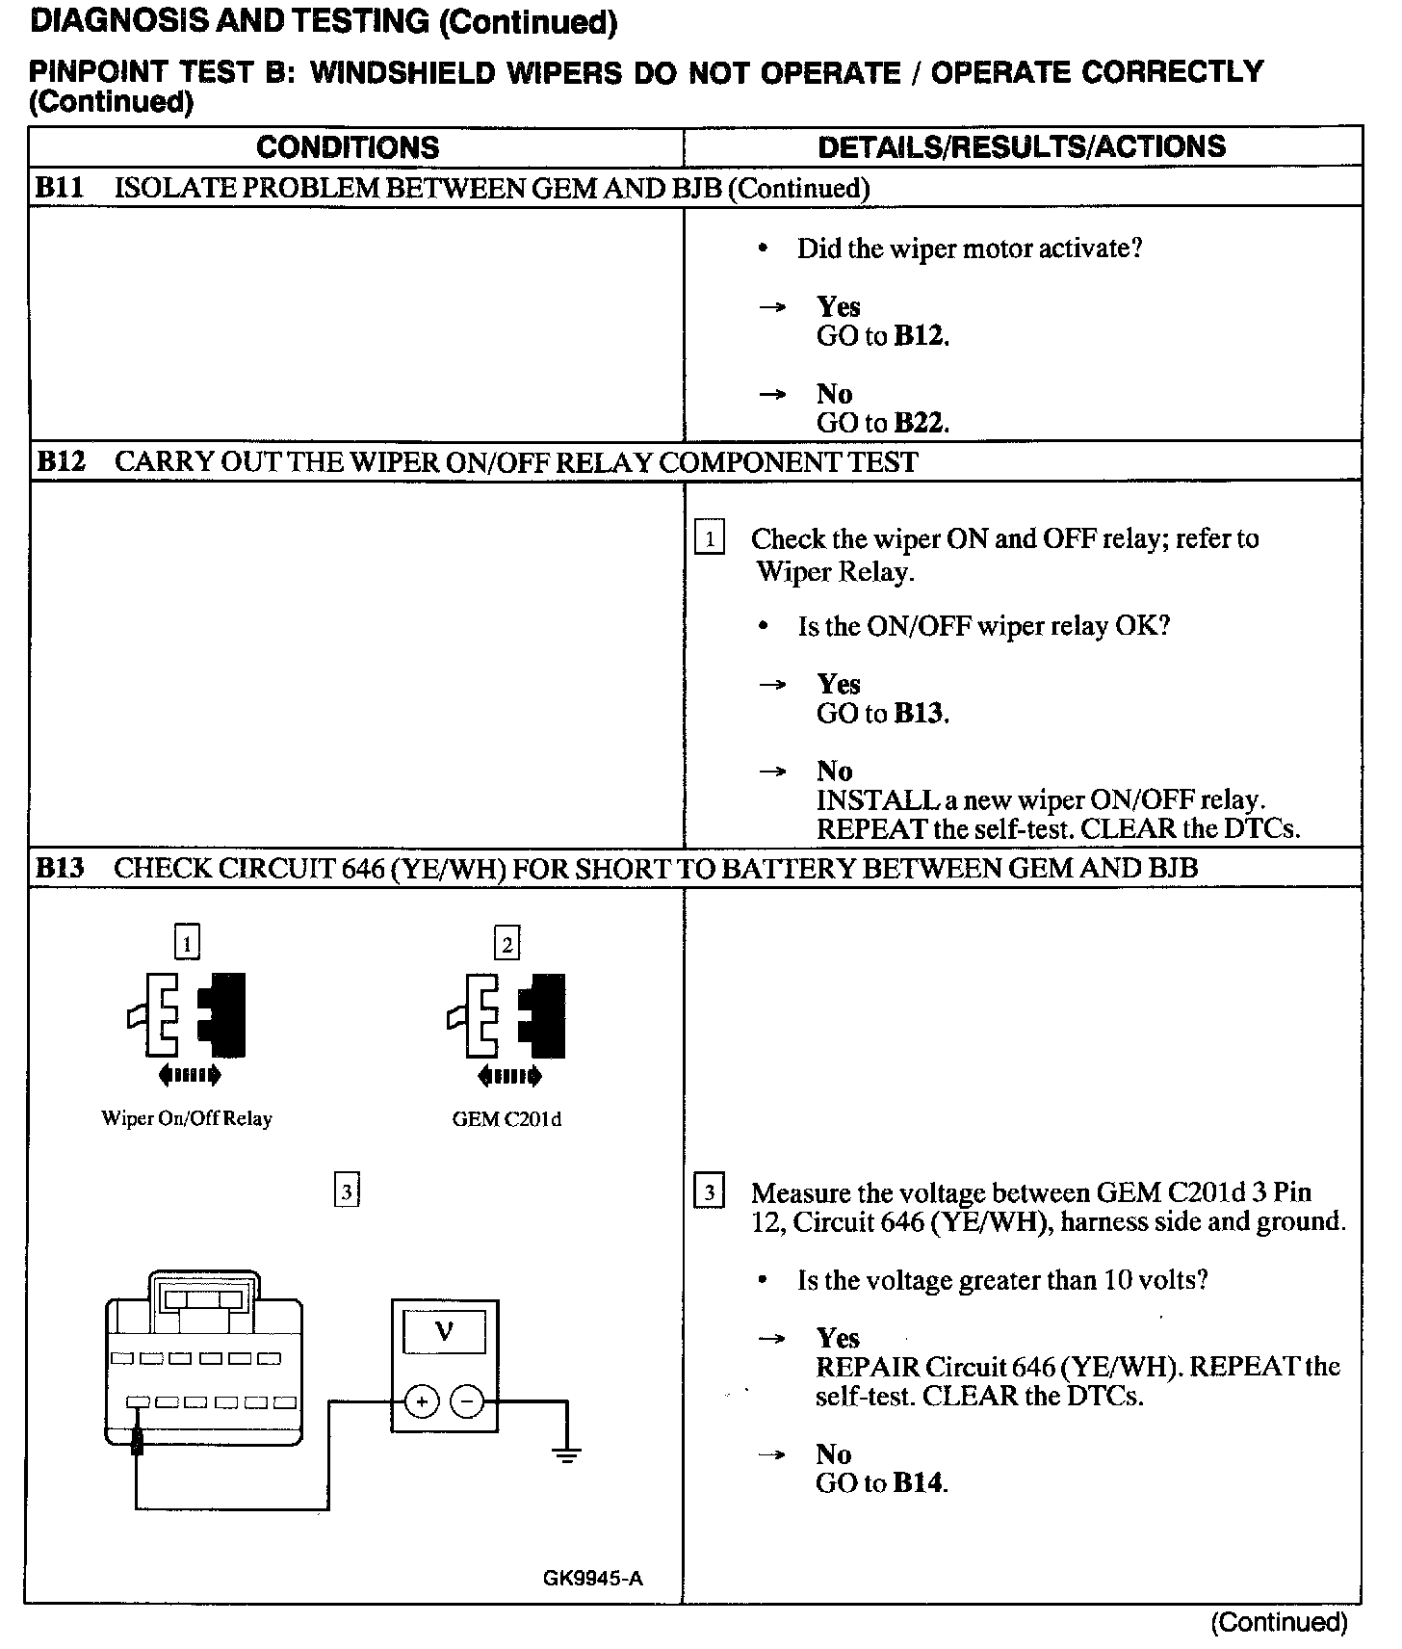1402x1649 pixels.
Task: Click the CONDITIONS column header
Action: (x=348, y=147)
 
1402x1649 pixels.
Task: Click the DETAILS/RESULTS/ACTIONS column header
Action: (x=1021, y=146)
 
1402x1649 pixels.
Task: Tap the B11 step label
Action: (x=60, y=188)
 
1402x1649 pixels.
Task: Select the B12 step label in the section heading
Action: (x=61, y=461)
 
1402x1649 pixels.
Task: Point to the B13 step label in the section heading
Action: (x=61, y=868)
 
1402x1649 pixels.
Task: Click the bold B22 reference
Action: (x=920, y=423)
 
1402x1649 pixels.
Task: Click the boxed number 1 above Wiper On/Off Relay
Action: (x=187, y=941)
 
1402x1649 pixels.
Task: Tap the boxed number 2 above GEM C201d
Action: (x=506, y=942)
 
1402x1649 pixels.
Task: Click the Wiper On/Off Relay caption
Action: (x=187, y=1118)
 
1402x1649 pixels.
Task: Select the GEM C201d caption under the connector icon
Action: (x=506, y=1118)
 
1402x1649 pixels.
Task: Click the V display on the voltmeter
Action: (x=444, y=1332)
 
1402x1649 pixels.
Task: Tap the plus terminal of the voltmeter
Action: (x=421, y=1401)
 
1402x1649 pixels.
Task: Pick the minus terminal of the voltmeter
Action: (x=467, y=1401)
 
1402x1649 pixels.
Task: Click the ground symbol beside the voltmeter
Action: (x=566, y=1454)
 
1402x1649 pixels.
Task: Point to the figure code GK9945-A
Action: (x=592, y=1578)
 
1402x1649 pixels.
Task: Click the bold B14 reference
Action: (x=919, y=1482)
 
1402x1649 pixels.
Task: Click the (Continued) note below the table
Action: (x=1279, y=1623)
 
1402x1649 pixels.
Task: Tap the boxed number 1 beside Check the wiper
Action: (x=710, y=538)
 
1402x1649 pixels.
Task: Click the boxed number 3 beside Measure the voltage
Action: (x=710, y=1193)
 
